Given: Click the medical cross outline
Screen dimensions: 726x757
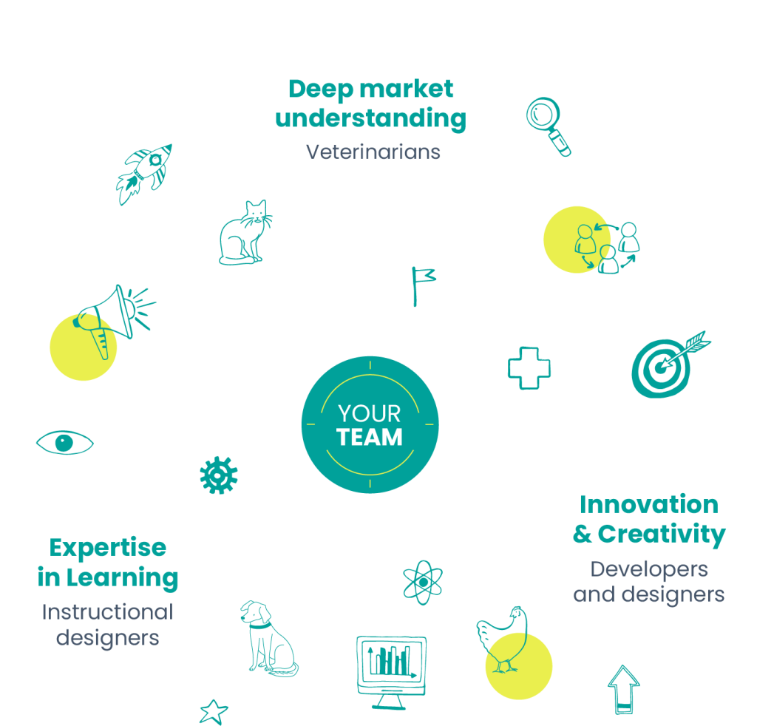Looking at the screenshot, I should click(529, 367).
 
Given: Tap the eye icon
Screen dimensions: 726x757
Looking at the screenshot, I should click(65, 443).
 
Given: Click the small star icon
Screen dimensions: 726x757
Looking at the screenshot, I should click(214, 711).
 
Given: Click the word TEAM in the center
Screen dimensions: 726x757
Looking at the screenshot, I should click(370, 437).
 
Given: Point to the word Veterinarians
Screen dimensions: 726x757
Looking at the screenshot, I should click(373, 152).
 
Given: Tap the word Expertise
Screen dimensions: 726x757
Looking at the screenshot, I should click(108, 548).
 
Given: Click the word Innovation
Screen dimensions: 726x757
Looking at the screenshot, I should click(648, 505).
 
